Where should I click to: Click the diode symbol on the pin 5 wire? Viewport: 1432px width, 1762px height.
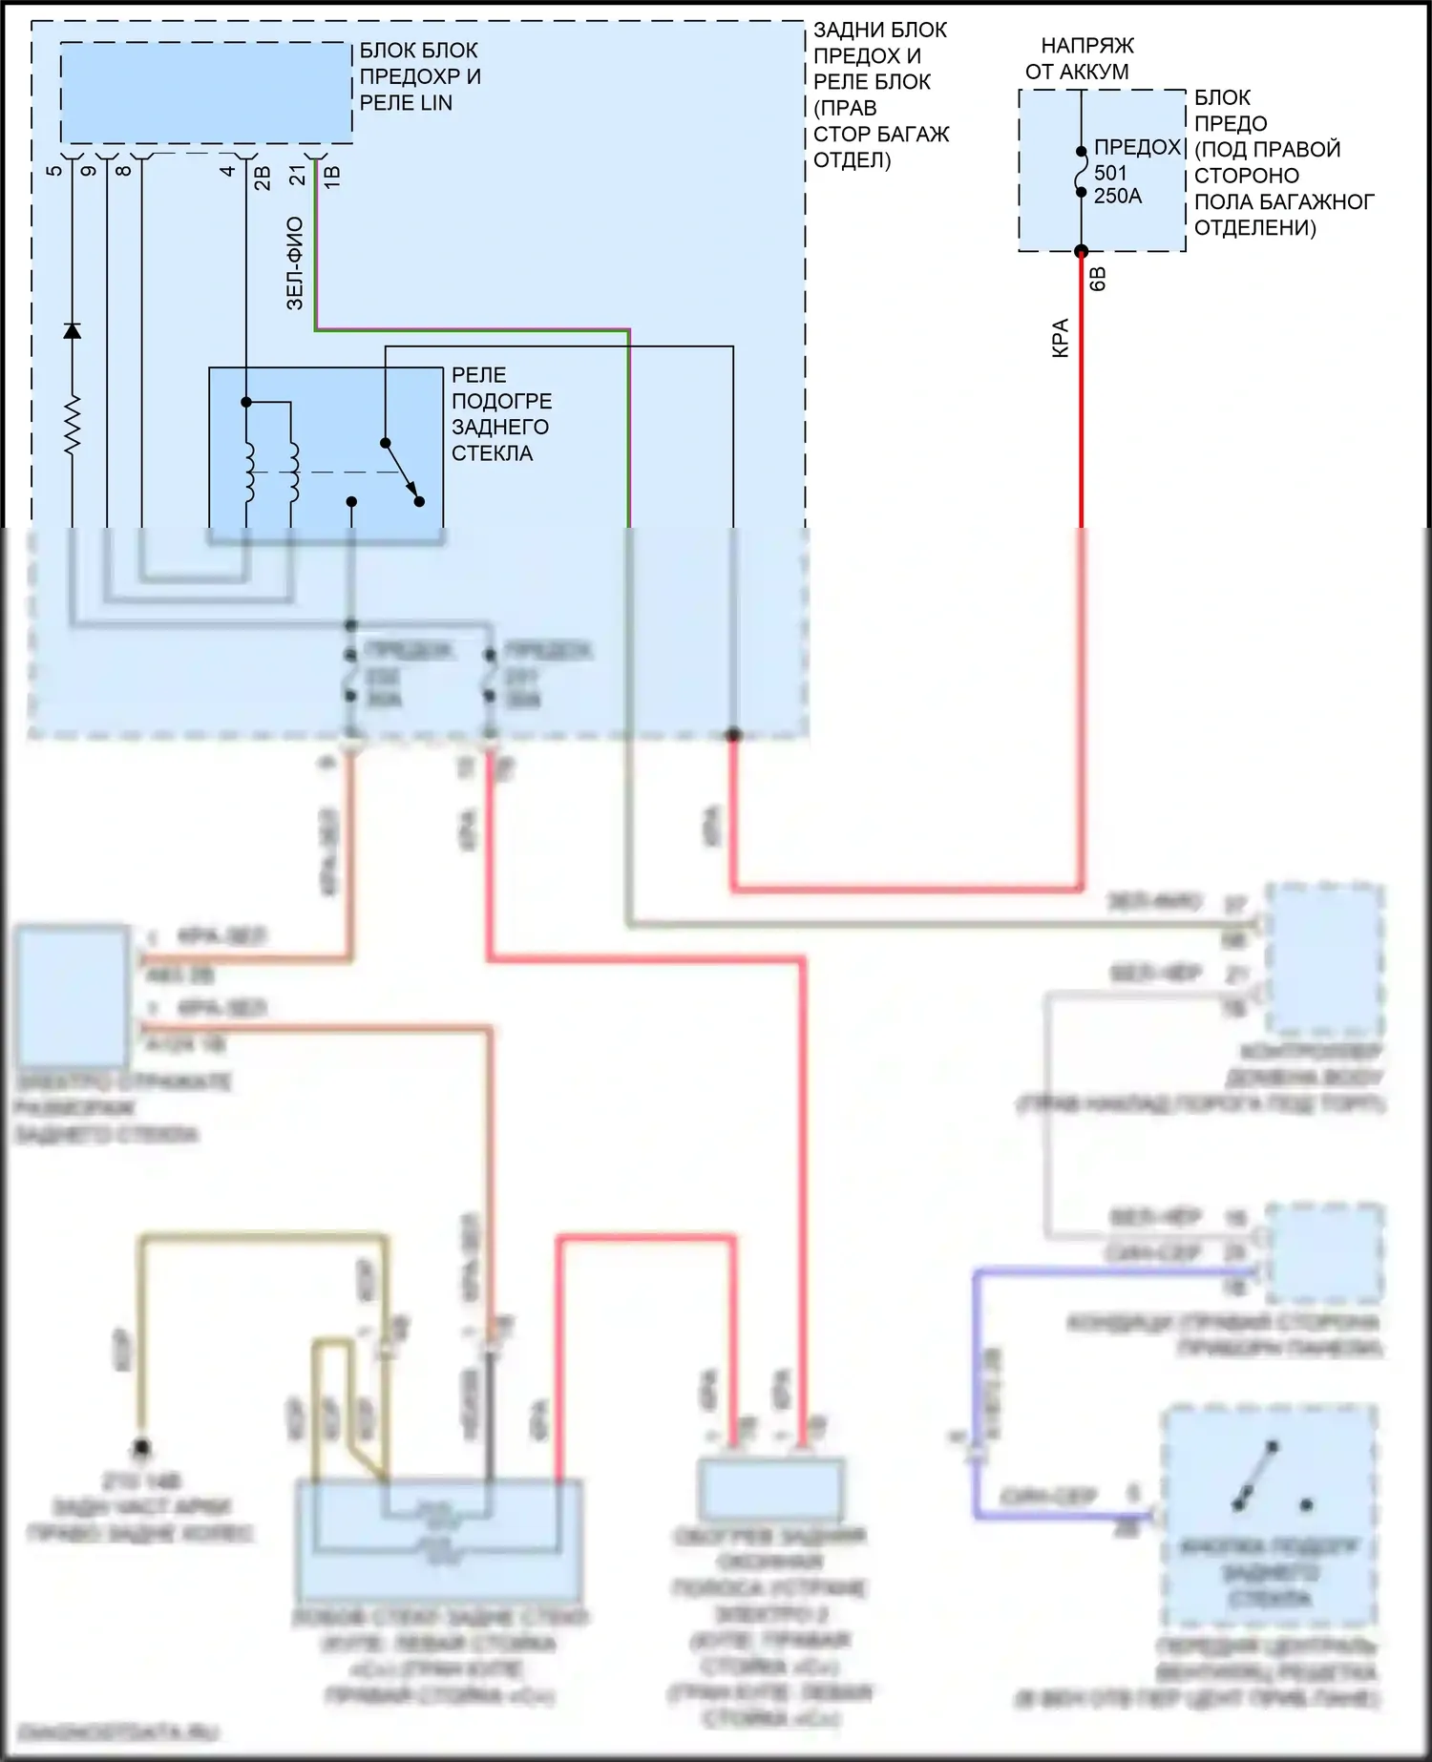point(72,330)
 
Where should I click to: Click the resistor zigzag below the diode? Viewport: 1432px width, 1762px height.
point(72,423)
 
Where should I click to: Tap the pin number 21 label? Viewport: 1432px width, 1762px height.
point(298,176)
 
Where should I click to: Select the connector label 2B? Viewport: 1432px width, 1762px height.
point(263,178)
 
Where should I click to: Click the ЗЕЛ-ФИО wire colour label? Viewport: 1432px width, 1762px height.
point(295,263)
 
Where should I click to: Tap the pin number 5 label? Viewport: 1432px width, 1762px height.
point(54,171)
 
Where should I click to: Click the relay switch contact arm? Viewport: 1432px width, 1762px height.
point(401,471)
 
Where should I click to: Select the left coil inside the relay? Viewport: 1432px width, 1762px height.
point(247,472)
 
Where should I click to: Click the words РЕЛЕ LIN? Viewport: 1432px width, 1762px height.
point(406,103)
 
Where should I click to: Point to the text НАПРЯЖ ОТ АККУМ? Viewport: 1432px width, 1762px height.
point(1080,58)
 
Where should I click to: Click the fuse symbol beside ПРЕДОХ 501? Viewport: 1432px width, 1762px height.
point(1081,172)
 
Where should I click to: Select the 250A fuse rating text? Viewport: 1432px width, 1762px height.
point(1117,197)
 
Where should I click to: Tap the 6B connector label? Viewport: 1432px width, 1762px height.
point(1098,279)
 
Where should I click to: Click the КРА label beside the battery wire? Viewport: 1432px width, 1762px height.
point(1061,338)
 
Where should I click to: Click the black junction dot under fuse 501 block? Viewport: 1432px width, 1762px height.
point(1081,252)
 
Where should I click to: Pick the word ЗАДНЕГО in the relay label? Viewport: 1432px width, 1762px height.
point(500,427)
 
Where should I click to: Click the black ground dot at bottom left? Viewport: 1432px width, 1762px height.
point(141,1449)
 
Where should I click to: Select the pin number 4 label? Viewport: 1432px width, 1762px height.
point(227,171)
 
